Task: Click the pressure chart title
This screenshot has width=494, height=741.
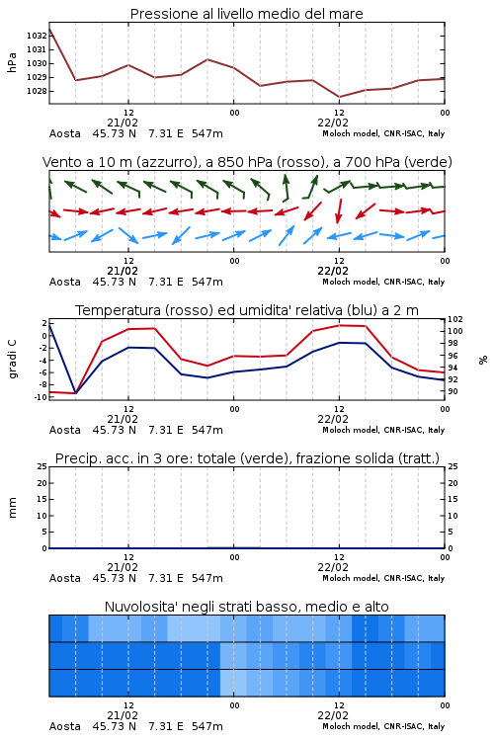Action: [x=246, y=14]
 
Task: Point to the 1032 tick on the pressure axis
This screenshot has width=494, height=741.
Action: [x=37, y=36]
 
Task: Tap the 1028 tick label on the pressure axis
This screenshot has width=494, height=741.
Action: [x=37, y=91]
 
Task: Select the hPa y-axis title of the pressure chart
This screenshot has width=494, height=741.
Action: [x=12, y=62]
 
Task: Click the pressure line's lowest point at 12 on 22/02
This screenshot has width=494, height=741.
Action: [x=339, y=97]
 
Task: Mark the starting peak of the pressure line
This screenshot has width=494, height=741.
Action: [x=49, y=29]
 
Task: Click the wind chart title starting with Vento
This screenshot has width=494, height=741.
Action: [x=247, y=162]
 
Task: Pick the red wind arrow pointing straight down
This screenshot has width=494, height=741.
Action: [x=339, y=210]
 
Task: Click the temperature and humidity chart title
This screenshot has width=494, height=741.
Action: [x=247, y=310]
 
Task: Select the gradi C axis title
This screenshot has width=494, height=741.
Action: [x=12, y=359]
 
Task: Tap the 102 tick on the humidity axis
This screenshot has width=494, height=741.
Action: [x=455, y=319]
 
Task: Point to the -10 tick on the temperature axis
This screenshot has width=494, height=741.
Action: [x=41, y=397]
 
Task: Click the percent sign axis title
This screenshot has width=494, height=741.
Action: [x=483, y=360]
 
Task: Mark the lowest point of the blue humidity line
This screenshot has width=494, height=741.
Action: [x=76, y=393]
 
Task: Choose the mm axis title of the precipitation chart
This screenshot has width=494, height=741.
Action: [x=12, y=507]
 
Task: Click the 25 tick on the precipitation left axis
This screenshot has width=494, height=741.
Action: [x=42, y=466]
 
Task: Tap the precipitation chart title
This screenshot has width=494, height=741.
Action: [x=247, y=458]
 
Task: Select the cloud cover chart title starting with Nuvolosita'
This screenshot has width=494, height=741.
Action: [x=246, y=607]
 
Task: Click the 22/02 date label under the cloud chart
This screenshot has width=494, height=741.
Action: [x=333, y=715]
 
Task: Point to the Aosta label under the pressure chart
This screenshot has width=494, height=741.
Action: [x=65, y=133]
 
